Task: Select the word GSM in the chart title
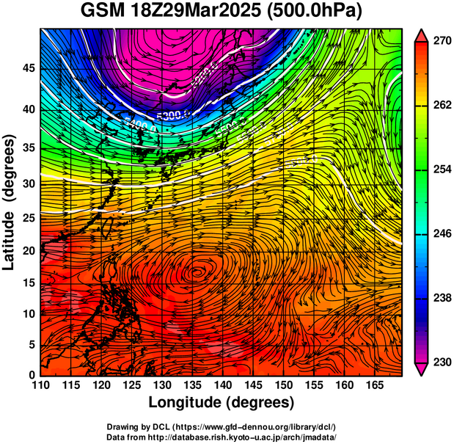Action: tap(103, 12)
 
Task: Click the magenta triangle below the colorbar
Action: tap(422, 368)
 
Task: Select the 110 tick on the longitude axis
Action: tap(41, 385)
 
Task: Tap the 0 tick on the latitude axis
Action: tap(32, 375)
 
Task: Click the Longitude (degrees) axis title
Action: tap(221, 402)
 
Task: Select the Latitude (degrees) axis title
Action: tap(10, 202)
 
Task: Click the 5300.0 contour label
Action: tap(172, 115)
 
